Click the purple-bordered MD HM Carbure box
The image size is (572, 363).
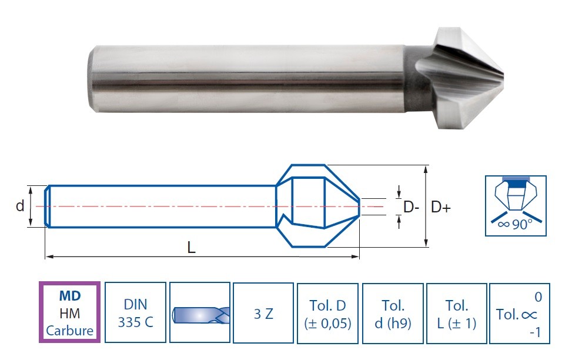point(69,312)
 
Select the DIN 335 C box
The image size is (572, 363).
point(135,312)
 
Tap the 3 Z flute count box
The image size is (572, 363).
point(263,313)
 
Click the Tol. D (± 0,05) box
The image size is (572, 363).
point(327,314)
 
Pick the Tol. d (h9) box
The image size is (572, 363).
point(393,314)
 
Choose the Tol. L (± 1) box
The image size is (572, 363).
point(457,314)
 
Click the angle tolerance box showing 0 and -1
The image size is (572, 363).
point(520,314)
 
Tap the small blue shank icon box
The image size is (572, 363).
point(199,312)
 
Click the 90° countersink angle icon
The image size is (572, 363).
point(516,205)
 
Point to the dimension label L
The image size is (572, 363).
point(191,248)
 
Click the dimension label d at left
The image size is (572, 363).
point(20,206)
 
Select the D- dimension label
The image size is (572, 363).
point(411,208)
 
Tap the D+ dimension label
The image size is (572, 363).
point(441,207)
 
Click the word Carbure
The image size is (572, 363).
point(70,331)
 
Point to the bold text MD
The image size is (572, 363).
point(70,295)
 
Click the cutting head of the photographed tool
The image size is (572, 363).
point(460,78)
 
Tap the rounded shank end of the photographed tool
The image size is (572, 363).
point(92,78)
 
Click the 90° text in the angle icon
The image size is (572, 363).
point(522,225)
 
